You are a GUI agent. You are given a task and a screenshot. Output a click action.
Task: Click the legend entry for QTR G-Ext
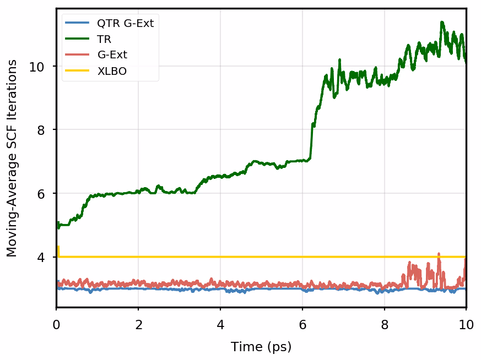click(125, 23)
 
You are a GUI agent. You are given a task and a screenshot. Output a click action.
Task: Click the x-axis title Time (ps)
click(261, 347)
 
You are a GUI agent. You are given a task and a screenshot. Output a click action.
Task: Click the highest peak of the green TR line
click(441, 22)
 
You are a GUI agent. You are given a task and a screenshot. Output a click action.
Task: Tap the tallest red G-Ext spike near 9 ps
click(439, 254)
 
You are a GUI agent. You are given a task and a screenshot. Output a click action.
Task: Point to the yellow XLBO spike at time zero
click(58, 247)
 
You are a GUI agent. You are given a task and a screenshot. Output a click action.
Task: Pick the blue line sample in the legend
click(77, 23)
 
